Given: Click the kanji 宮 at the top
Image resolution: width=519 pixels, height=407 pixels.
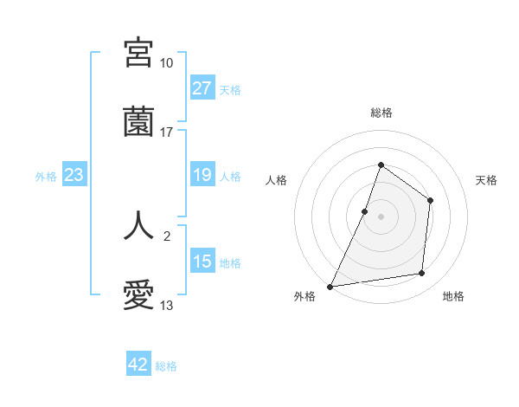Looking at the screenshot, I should [x=139, y=53].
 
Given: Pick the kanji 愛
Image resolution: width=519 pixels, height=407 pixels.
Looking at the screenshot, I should [x=139, y=295].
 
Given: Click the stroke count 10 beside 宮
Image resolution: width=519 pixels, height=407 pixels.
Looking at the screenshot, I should [x=166, y=63].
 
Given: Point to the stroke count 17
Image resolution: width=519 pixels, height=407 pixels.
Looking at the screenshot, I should [x=166, y=132].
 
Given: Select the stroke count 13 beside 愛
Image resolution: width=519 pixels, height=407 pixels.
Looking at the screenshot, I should [x=166, y=306].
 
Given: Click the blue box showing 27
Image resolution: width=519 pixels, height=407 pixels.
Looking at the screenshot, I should [x=202, y=88].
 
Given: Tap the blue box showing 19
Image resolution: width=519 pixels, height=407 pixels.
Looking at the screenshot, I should [x=202, y=176].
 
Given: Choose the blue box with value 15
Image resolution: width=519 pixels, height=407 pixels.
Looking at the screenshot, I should [x=202, y=262].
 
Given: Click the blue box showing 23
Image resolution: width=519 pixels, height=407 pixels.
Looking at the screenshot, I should [x=74, y=176].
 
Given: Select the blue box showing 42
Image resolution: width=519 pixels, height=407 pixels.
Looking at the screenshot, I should [x=138, y=365].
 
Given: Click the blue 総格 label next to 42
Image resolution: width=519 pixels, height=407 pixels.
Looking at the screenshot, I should [x=166, y=366].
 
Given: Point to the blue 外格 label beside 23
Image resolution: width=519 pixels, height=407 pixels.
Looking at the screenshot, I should [x=46, y=177].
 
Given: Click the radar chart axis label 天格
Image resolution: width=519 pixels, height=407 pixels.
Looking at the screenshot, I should [x=486, y=180].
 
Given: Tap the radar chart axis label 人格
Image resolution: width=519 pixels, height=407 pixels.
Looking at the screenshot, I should [x=276, y=180].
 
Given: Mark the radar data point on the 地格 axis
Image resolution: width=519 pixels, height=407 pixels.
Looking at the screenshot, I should [x=422, y=274].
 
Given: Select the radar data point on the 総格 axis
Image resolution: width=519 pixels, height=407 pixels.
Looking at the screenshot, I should [x=381, y=165].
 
